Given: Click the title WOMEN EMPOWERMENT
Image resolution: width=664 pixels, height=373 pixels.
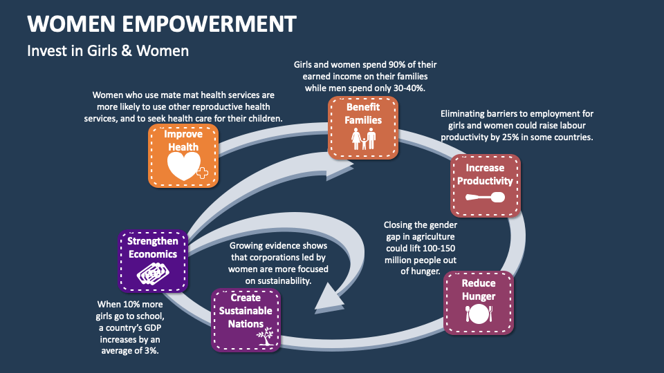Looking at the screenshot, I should click(162, 23).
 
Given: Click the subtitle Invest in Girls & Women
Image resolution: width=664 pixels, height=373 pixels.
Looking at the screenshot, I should click(107, 50).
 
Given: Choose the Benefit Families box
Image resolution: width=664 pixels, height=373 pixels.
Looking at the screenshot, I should click(363, 128).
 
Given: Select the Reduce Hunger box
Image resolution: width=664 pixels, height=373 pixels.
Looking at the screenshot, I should click(479, 303).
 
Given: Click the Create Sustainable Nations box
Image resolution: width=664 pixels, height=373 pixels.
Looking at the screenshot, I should click(246, 320).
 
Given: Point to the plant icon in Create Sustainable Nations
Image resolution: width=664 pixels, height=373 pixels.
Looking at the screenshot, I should click(264, 337).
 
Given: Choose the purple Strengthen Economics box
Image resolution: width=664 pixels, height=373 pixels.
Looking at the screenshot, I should click(152, 260).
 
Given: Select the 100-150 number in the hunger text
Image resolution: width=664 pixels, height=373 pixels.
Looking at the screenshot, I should click(437, 248).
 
